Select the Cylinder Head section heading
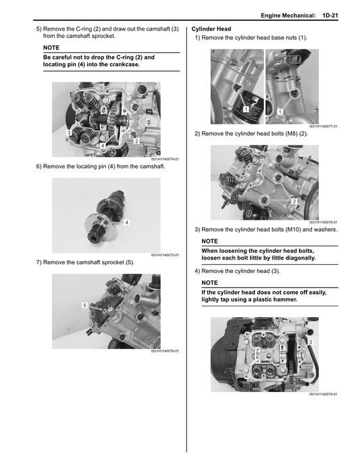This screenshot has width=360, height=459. (212, 28)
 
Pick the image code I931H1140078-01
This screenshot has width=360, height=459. (324, 222)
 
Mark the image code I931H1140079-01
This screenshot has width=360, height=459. (324, 394)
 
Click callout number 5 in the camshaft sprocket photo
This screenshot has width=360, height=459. (84, 306)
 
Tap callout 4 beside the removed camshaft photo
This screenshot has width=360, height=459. (127, 222)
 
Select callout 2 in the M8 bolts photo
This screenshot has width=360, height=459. (294, 201)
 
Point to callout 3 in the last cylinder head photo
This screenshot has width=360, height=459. (310, 343)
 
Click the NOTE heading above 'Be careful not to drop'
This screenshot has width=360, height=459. (51, 48)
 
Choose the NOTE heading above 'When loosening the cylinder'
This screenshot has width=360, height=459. (209, 241)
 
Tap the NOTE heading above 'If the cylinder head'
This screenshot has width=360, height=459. (209, 283)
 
